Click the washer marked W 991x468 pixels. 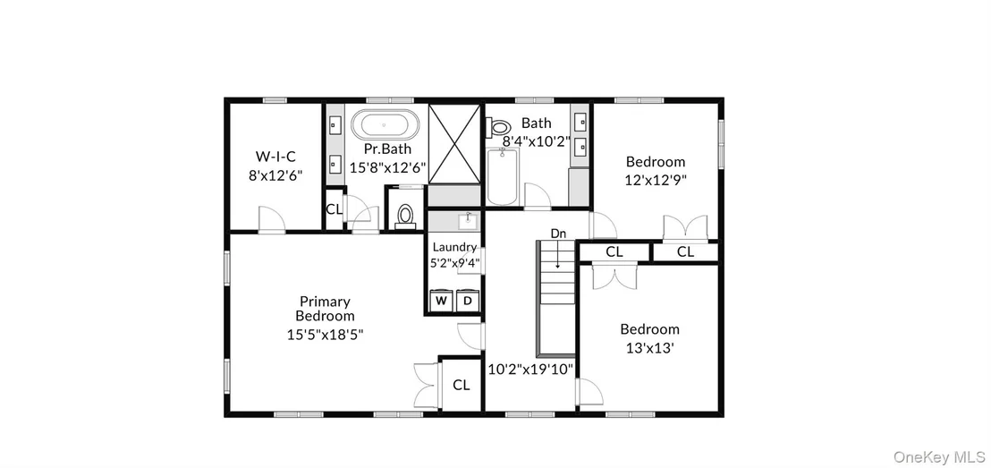tap(441, 301)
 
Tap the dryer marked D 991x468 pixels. tap(468, 301)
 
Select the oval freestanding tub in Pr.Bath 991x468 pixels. tap(385, 125)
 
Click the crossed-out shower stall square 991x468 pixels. tap(454, 144)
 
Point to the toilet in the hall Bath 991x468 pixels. tap(501, 128)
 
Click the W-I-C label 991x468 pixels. tap(275, 157)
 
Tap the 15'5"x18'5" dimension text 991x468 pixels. tap(325, 335)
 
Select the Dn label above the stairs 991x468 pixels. tap(558, 234)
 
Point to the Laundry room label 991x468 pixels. tap(454, 247)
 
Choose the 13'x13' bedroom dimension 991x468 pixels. tap(649, 348)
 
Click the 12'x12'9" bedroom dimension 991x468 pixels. tap(656, 179)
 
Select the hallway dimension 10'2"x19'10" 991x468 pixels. tap(531, 370)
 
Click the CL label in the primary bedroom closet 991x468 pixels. tap(462, 385)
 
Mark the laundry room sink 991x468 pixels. tap(468, 221)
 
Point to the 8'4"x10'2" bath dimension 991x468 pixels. tap(537, 141)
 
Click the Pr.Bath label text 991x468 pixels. tap(387, 149)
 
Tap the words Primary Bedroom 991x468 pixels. tap(325, 309)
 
